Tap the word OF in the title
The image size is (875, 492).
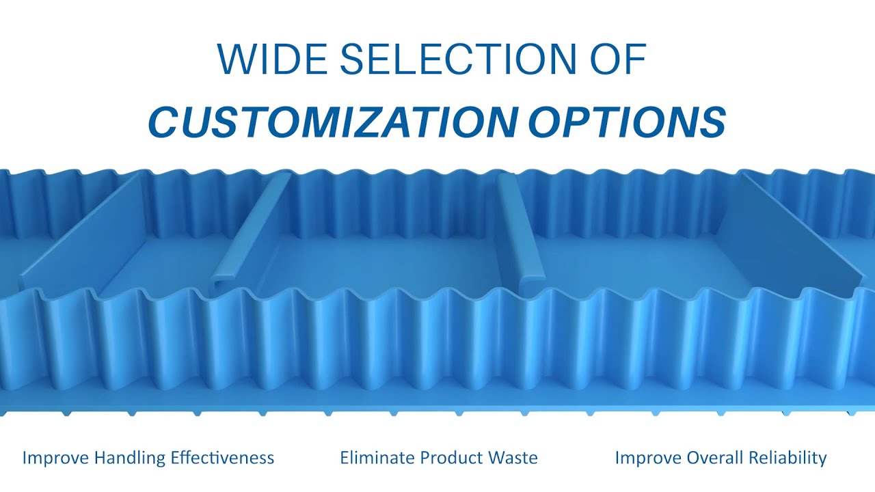tap(616, 59)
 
